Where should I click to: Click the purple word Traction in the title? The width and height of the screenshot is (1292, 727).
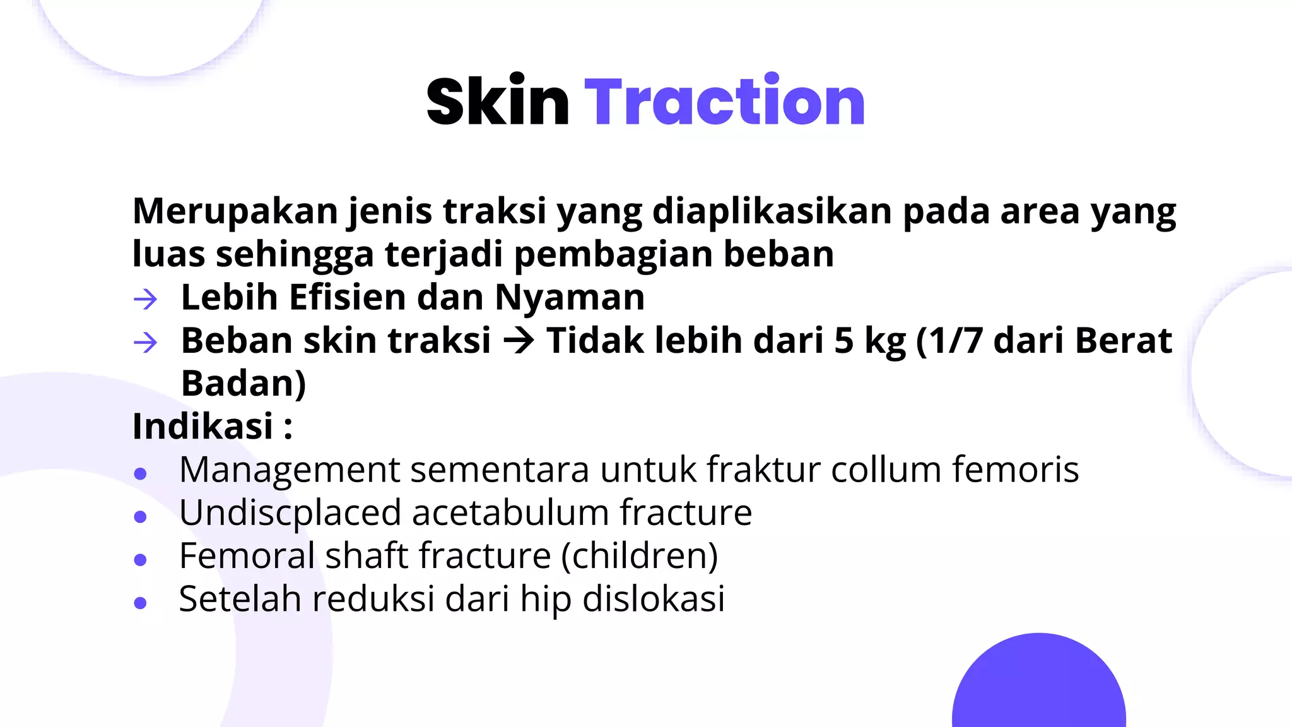click(724, 101)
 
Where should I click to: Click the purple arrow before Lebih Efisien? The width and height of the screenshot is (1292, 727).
click(146, 298)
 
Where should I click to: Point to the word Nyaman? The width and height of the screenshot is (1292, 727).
click(570, 297)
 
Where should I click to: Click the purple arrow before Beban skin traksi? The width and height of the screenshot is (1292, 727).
click(146, 343)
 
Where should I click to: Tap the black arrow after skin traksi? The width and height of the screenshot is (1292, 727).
click(519, 341)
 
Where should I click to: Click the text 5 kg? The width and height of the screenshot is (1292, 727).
click(870, 341)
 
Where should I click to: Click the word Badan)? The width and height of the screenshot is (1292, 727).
click(244, 384)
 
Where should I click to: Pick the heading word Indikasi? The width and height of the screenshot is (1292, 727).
click(203, 427)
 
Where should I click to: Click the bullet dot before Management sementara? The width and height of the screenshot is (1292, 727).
click(141, 473)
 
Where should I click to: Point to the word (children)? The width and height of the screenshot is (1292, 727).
click(640, 556)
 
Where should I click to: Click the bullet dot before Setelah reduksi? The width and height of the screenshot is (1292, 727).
click(141, 603)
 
